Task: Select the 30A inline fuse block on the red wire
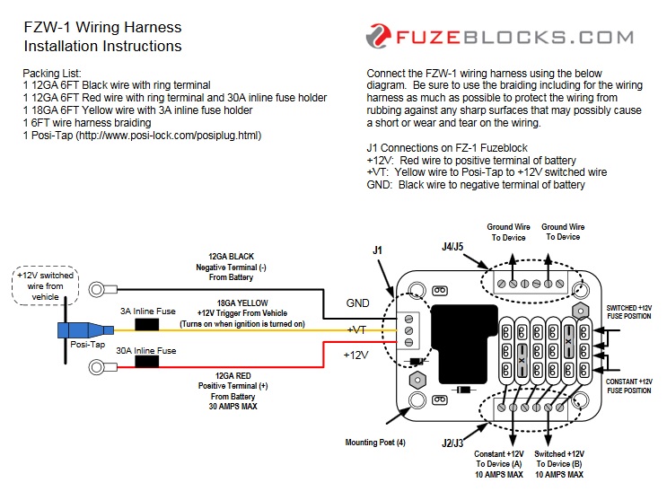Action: coord(146,363)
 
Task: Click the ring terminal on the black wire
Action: coord(101,289)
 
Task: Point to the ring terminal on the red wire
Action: coord(101,366)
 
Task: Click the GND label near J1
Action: coord(358,303)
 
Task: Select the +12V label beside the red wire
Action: coord(356,355)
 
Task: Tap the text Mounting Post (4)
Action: coord(374,443)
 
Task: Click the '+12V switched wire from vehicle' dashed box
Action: coord(46,285)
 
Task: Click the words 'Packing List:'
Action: coord(52,73)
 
